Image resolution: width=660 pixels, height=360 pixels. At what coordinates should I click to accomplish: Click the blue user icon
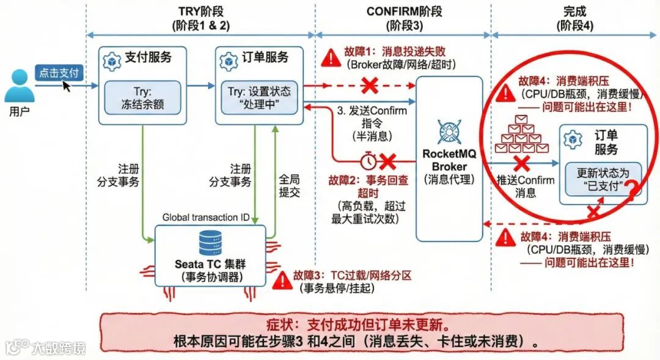click(19, 86)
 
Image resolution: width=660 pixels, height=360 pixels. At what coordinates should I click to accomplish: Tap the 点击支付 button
click(59, 73)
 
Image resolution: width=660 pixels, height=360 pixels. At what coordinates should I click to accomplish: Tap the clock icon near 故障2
click(369, 161)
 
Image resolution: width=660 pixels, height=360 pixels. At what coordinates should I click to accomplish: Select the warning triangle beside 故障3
click(282, 280)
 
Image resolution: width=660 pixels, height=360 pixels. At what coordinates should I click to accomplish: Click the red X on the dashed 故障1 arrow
click(369, 86)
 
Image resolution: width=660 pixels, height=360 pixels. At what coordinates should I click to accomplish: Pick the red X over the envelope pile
click(521, 163)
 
